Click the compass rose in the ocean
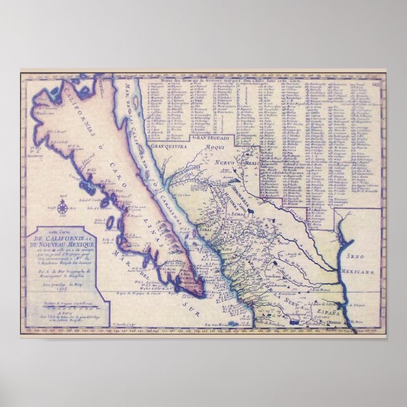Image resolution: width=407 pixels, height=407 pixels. pyautogui.click(x=63, y=205)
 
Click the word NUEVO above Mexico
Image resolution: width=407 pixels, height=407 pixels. pyautogui.click(x=224, y=162)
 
